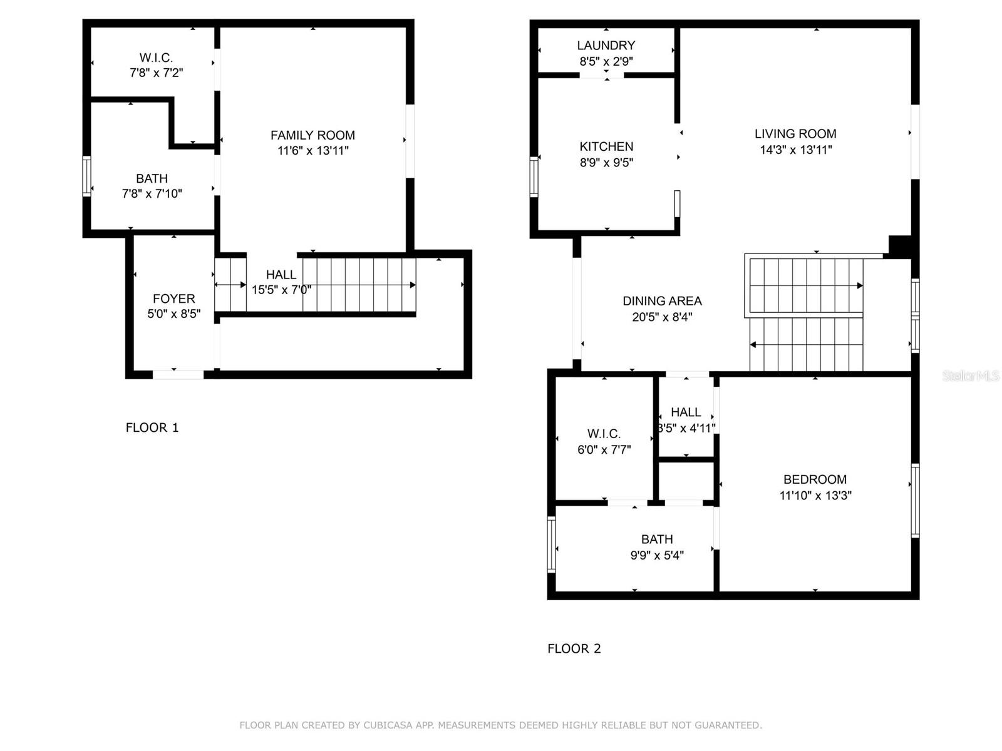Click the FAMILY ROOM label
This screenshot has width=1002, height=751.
point(312,135)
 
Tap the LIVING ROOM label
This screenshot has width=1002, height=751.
point(795,133)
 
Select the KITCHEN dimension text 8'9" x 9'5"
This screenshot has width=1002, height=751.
point(606,162)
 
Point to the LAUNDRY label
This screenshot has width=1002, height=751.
point(606,45)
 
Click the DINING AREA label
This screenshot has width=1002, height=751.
point(662,301)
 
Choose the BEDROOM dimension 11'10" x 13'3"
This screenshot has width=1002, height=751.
point(815,495)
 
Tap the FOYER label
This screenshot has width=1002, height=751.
point(173,299)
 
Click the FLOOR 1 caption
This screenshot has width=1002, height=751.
point(152,427)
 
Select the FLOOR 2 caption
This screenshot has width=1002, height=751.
point(574,648)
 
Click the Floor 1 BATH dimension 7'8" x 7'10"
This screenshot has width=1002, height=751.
point(152,194)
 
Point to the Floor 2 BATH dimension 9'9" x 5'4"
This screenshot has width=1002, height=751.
point(657,555)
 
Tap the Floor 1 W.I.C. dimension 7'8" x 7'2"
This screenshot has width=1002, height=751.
point(156,73)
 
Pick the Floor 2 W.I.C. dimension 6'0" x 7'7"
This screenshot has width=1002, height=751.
point(604,449)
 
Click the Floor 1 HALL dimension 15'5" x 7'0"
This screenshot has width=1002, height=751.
point(281,290)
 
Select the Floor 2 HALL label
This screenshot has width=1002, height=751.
point(686,412)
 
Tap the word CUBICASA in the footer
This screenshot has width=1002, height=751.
point(388,725)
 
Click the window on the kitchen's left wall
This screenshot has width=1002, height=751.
point(534,177)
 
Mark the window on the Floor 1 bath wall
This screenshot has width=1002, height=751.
point(86,176)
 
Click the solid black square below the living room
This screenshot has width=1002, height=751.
point(900,247)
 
